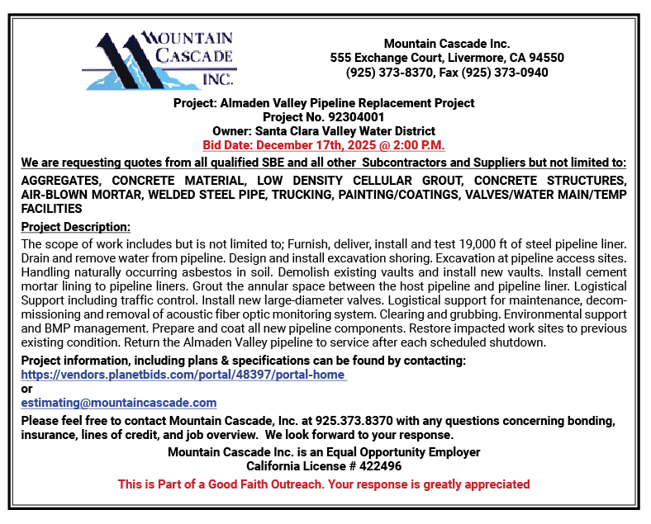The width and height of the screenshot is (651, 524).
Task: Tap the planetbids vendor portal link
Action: coord(183,375)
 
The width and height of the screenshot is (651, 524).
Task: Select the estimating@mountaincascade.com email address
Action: coord(119,403)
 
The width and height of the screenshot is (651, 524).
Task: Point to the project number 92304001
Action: coord(356,117)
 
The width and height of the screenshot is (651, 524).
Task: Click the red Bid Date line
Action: coord(324,145)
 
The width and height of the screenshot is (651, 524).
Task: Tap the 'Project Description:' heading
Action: coord(76,227)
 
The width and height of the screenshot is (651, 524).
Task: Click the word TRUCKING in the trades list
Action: coord(391,195)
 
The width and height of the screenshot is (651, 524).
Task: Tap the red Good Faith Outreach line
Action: coord(324,484)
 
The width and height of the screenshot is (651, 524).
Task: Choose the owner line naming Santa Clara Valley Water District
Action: coord(324,131)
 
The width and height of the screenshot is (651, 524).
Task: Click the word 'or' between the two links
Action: coord(26,389)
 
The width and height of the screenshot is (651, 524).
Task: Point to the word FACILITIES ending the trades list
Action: coord(51,209)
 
